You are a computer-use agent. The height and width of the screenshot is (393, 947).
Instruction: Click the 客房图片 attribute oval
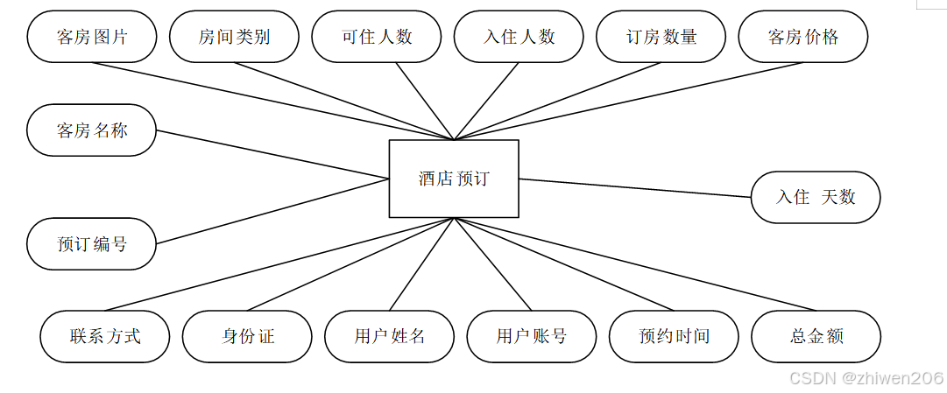point(92,37)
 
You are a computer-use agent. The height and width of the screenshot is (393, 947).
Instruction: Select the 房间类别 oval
point(234,37)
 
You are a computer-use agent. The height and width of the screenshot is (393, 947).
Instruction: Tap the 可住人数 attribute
point(377,37)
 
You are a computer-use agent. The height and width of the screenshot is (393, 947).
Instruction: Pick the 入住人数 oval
point(519,37)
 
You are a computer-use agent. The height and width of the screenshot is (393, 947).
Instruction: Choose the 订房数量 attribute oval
point(661,37)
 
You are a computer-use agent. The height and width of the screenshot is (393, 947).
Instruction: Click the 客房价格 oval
point(803,37)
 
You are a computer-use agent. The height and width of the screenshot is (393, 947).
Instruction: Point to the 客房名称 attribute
point(92,130)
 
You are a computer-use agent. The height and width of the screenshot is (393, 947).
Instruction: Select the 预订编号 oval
point(92,244)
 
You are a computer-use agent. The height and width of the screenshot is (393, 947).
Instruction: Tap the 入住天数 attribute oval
point(816,197)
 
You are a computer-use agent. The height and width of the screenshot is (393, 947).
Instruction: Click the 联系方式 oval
point(105,336)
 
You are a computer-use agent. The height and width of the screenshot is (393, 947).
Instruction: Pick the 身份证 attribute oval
point(247,336)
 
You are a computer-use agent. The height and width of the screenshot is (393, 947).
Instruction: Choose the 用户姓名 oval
point(390,336)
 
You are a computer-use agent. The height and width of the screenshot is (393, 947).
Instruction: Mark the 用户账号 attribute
point(532,336)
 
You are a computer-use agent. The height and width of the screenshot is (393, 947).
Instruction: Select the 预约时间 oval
point(674,336)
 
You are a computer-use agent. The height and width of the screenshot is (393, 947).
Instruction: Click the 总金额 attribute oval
point(816,336)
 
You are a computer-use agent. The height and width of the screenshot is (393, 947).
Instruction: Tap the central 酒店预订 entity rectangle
point(454,179)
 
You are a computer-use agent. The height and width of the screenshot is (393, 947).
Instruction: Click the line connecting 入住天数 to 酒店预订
point(635,187)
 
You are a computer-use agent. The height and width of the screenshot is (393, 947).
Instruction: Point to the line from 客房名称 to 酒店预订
point(272,154)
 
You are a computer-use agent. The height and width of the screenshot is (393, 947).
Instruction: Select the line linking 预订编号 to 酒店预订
point(272,211)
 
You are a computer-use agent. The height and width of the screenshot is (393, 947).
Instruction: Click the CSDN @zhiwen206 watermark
point(866,378)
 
